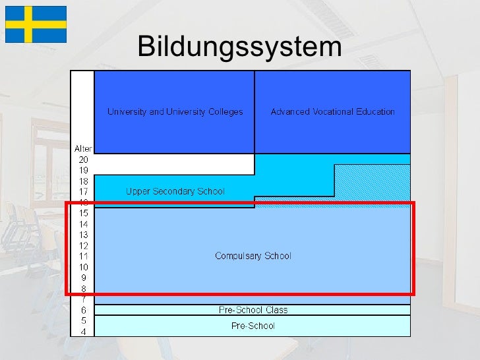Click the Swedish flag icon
[x=36, y=24]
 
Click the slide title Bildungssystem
[x=240, y=47]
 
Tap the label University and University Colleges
[x=175, y=111]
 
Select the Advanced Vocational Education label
[x=332, y=111]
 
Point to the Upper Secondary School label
[x=175, y=192]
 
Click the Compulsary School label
[x=253, y=256]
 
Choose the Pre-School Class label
[x=253, y=310]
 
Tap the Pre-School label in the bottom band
[x=253, y=326]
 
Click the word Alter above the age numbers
[x=82, y=149]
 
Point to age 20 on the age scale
[x=84, y=160]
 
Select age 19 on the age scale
[x=84, y=170]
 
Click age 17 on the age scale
[x=84, y=192]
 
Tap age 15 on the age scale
[x=84, y=213]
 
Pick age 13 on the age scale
[x=84, y=235]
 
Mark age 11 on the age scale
[x=84, y=256]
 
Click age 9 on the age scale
[x=84, y=278]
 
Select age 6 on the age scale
[x=84, y=310]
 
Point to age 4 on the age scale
[x=84, y=331]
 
